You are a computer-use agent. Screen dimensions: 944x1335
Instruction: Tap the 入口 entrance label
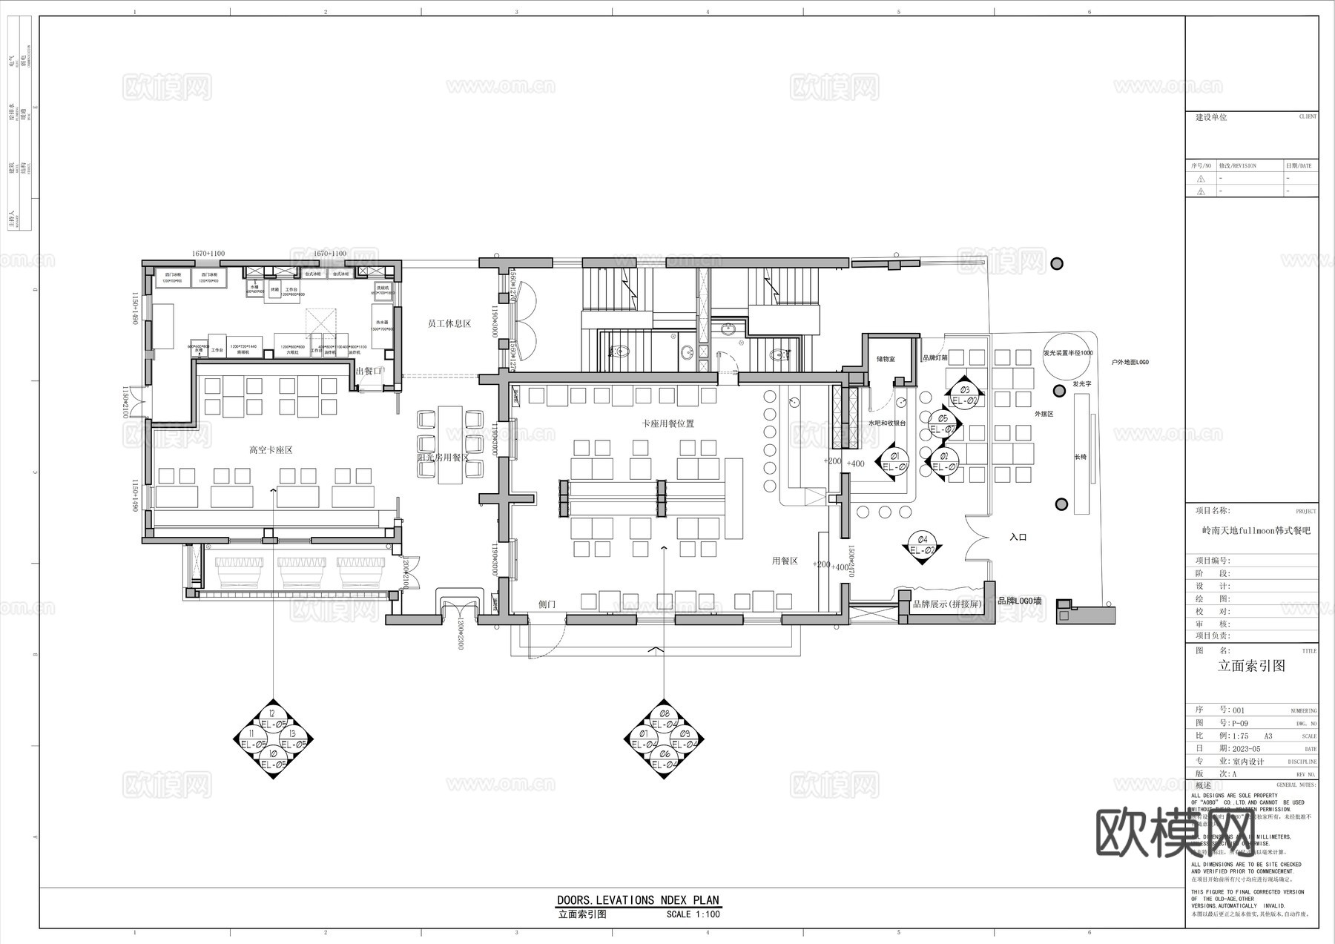pyautogui.click(x=1018, y=537)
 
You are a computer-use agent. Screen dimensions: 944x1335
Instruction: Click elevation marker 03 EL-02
pyautogui.click(x=964, y=395)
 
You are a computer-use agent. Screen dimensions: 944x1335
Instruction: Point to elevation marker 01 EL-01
pyautogui.click(x=894, y=461)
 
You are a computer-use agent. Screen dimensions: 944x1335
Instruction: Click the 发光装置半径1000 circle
pyautogui.click(x=1067, y=354)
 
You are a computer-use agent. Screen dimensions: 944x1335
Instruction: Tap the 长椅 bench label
pyautogui.click(x=1080, y=457)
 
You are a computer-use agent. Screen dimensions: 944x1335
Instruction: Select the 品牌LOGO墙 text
pyautogui.click(x=1019, y=601)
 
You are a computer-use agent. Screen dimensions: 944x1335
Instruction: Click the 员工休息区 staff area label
pyautogui.click(x=449, y=324)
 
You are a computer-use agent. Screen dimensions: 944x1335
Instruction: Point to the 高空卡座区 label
pyautogui.click(x=271, y=450)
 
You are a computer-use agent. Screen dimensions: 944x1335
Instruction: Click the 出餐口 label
pyautogui.click(x=369, y=371)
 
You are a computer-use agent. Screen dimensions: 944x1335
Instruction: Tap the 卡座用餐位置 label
pyautogui.click(x=667, y=423)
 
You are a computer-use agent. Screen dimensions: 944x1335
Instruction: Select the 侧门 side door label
pyautogui.click(x=547, y=604)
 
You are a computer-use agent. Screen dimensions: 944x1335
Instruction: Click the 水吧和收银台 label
pyautogui.click(x=887, y=423)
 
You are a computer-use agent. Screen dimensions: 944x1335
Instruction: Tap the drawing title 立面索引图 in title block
pyautogui.click(x=1251, y=666)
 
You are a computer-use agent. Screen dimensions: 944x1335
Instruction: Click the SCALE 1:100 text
pyautogui.click(x=693, y=914)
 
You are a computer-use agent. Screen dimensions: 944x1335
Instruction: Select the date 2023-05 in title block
pyautogui.click(x=1246, y=749)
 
